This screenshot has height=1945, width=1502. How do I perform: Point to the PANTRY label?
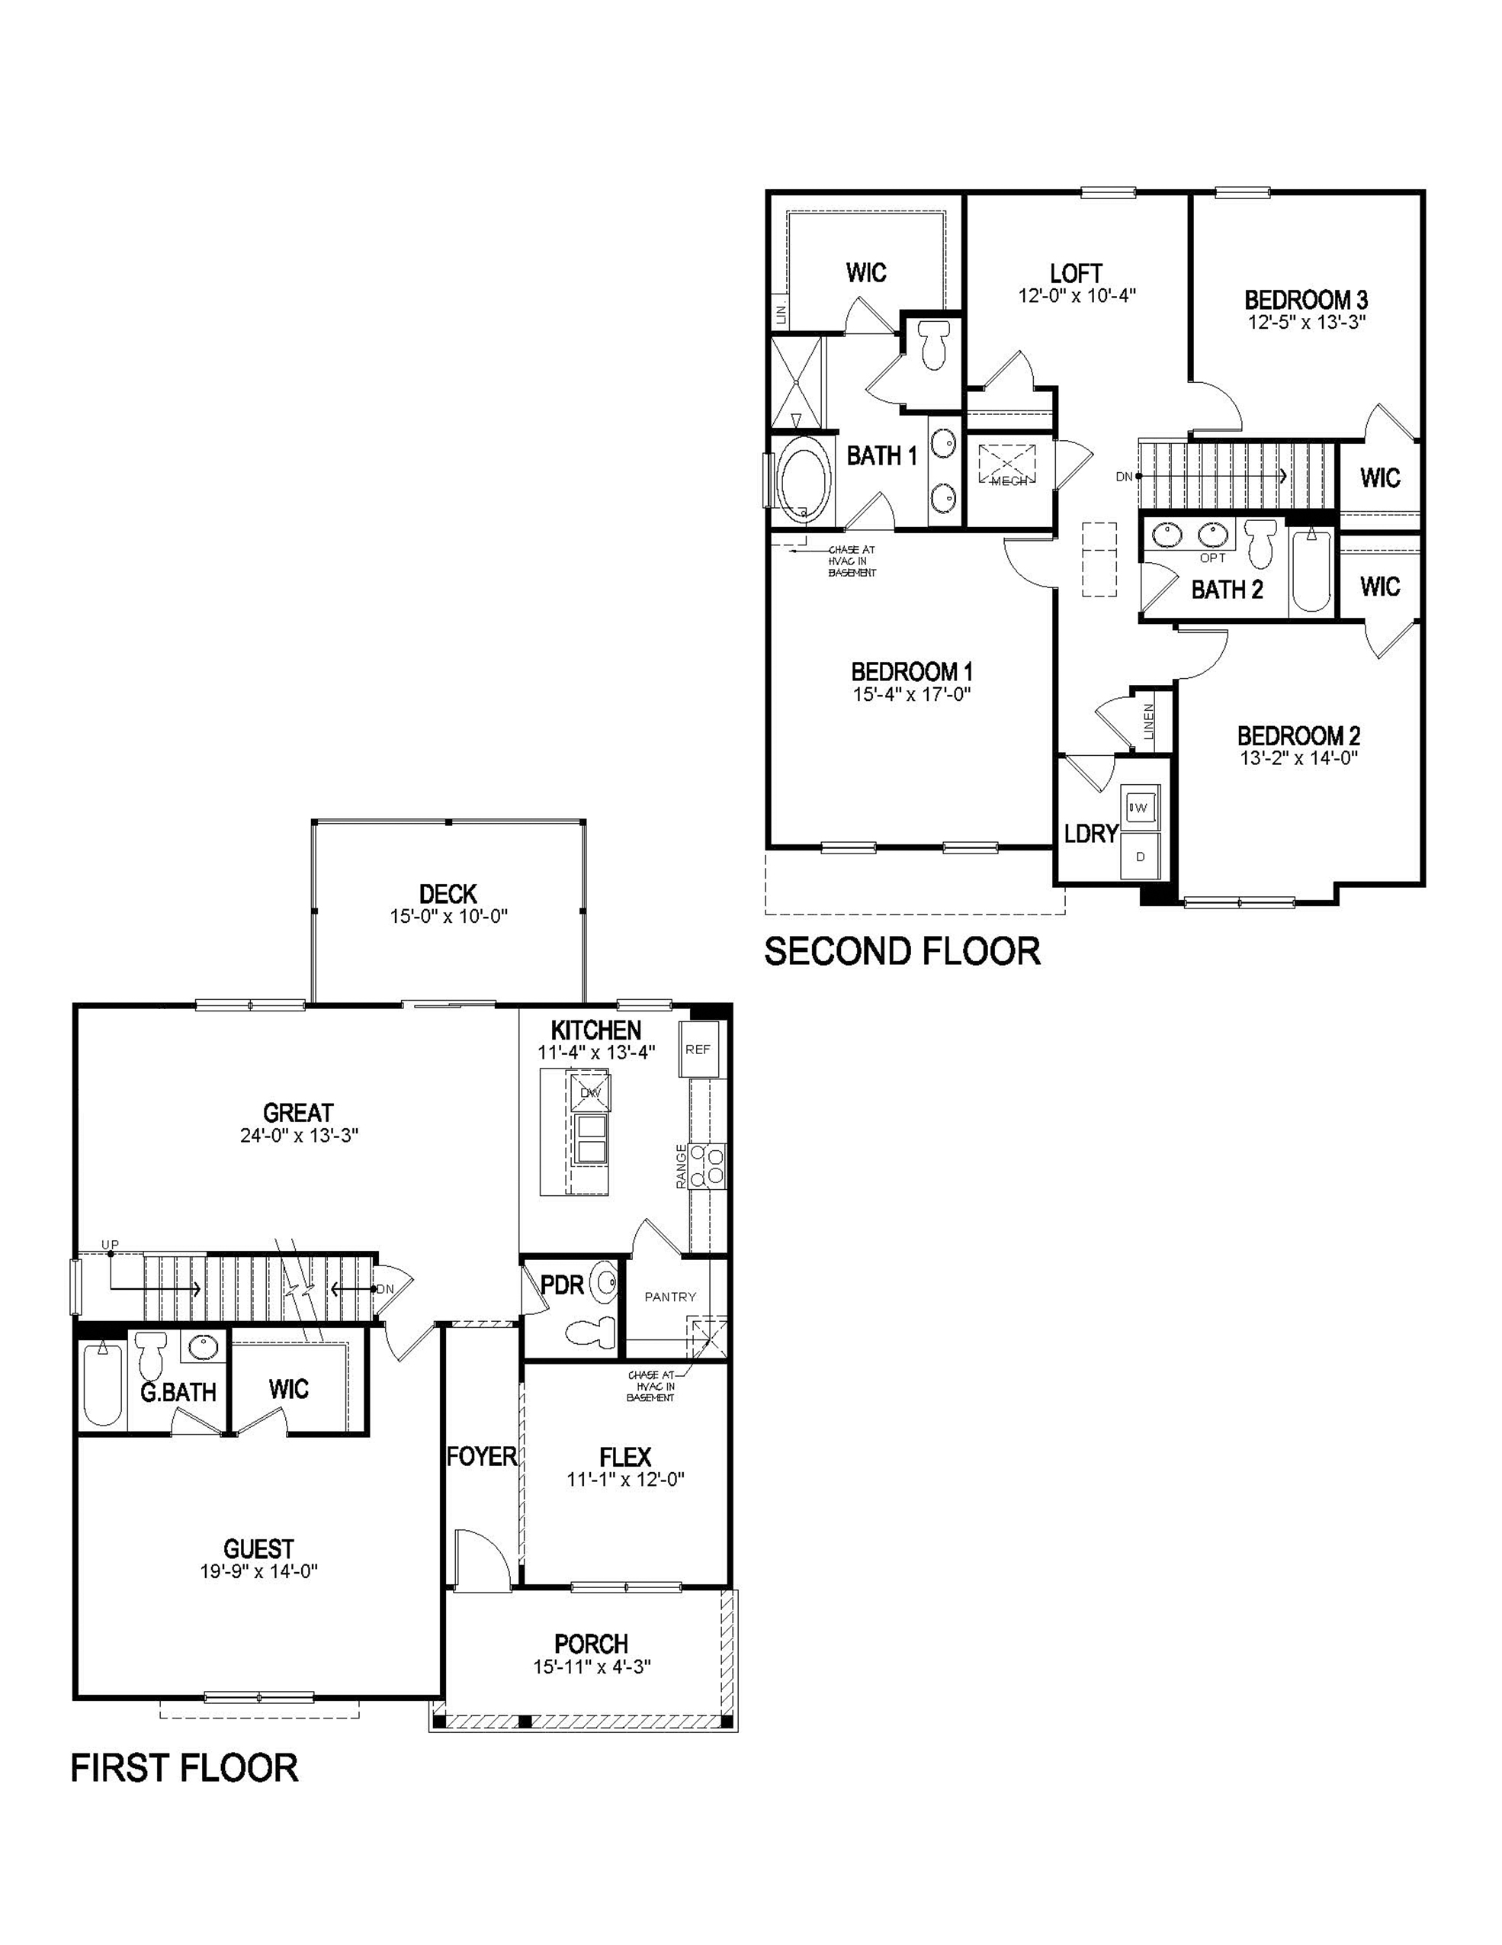(669, 1297)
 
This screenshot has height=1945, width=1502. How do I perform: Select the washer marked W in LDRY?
(1139, 808)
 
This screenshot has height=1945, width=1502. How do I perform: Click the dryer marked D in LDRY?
(1140, 856)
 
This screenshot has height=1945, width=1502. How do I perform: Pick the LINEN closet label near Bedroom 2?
(1148, 722)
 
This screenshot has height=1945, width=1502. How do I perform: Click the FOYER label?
(482, 1457)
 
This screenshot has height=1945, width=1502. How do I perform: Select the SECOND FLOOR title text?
(902, 951)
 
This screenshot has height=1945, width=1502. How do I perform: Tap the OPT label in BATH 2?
(1212, 558)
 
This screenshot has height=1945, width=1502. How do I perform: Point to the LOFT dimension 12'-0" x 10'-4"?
(1077, 296)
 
